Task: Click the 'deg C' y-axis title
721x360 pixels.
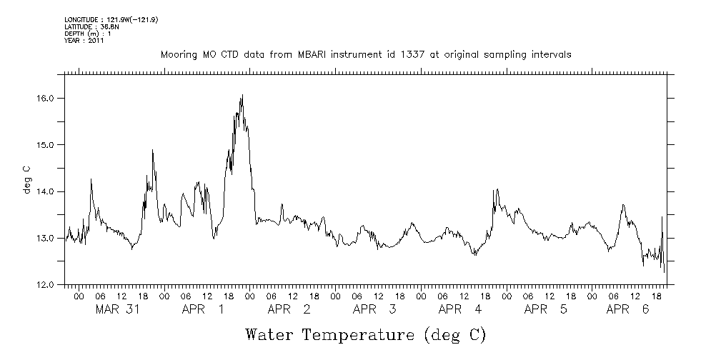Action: [26, 179]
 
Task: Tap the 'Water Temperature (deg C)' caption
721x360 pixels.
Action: [365, 334]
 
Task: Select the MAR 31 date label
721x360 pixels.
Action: [116, 309]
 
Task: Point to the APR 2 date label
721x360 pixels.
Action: [289, 309]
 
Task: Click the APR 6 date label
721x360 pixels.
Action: [628, 309]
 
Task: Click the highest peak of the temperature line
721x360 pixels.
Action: [242, 95]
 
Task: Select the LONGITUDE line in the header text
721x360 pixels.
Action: [111, 19]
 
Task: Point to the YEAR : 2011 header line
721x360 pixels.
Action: [84, 41]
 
